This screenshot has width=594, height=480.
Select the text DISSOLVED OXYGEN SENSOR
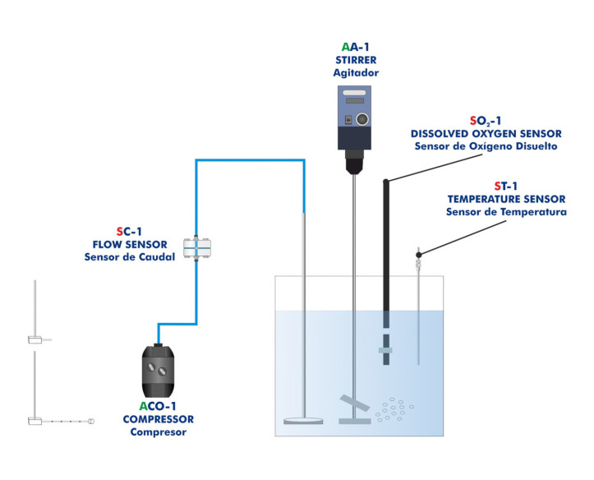point(485,133)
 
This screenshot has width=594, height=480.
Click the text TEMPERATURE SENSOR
point(506,199)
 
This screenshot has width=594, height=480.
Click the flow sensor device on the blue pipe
point(197,246)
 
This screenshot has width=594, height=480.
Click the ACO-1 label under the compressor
point(158,407)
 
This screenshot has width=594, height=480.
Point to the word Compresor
point(158,432)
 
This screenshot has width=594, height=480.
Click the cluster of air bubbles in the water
point(398,407)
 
